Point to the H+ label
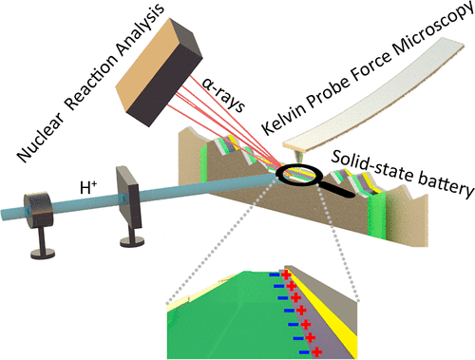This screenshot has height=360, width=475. click(x=88, y=188)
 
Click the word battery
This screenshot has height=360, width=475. click(x=446, y=184)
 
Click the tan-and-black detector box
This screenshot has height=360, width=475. click(x=159, y=72)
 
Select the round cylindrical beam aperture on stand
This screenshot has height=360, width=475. click(x=39, y=209)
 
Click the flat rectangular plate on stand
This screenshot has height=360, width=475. click(x=128, y=197)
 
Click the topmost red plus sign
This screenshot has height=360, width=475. click(x=286, y=275)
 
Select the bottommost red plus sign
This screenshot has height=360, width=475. click(x=316, y=351)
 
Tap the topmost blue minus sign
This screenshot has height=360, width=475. click(x=275, y=275)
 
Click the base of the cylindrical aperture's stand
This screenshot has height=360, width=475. click(x=43, y=254)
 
